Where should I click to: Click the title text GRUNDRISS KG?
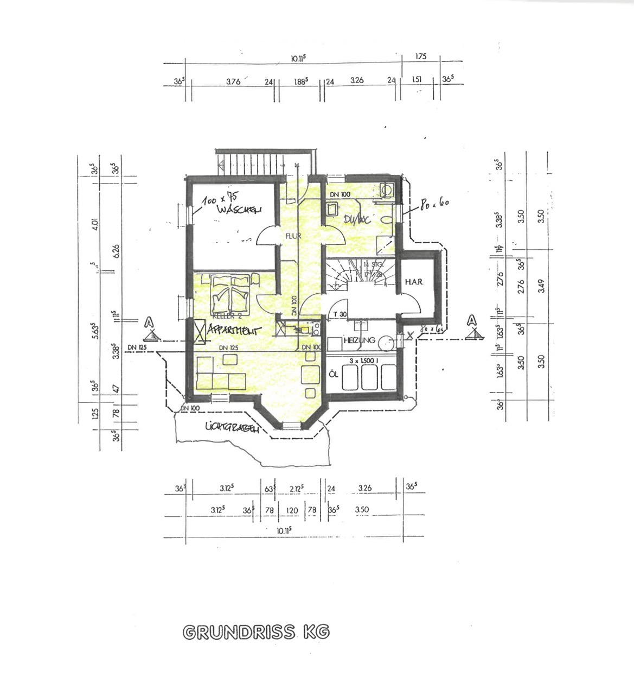256,632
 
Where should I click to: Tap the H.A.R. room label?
413,282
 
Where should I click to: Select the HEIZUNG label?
358,340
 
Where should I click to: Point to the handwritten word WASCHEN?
239,210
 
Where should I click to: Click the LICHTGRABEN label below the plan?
230,427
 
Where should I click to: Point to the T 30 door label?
340,314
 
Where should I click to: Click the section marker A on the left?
150,323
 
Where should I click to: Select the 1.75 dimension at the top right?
420,56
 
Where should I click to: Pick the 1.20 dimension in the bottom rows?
292,510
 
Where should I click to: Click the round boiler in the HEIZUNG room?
385,342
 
